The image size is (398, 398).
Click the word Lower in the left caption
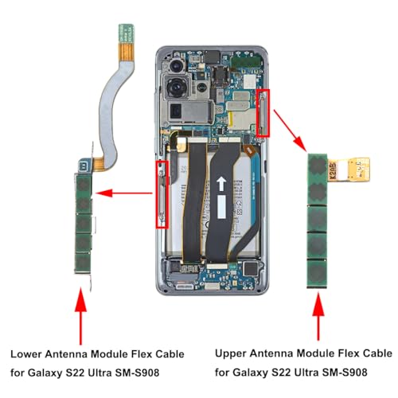click(x=25, y=354)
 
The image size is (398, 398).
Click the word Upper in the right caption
click(x=230, y=353)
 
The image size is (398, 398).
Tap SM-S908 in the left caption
click(x=137, y=373)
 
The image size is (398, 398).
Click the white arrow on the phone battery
click(x=221, y=184)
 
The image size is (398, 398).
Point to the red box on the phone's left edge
click(x=162, y=194)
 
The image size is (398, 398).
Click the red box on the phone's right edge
click(x=263, y=113)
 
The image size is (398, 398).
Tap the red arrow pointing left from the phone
click(x=123, y=193)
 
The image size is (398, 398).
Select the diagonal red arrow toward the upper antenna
click(x=291, y=131)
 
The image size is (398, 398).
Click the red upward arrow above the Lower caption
click(x=80, y=316)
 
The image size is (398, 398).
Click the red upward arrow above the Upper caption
click(x=318, y=316)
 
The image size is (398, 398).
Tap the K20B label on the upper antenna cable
click(x=334, y=170)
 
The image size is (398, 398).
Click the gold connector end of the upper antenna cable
click(x=359, y=170)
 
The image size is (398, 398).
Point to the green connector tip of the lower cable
click(x=127, y=33)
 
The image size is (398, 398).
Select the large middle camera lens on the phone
click(x=175, y=88)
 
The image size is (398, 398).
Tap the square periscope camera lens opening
click(x=176, y=111)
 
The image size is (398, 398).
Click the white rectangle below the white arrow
click(x=221, y=207)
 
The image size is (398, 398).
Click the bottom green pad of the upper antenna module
click(x=317, y=273)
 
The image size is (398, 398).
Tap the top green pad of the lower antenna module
click(x=84, y=185)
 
